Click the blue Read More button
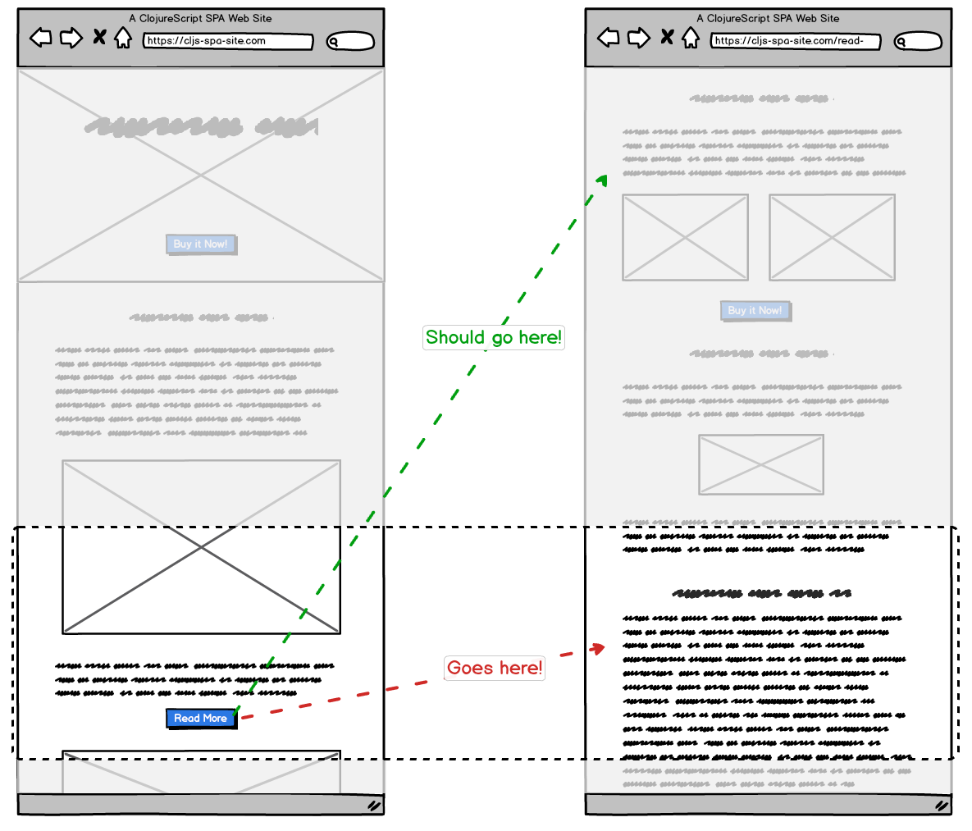(201, 719)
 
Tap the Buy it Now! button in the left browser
(201, 244)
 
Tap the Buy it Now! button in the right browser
(755, 310)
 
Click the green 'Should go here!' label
(494, 337)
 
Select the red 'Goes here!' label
(495, 668)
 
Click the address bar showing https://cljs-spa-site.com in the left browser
(228, 41)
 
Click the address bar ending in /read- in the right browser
(795, 41)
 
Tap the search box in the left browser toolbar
(351, 41)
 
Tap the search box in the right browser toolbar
(918, 41)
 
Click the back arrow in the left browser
(41, 37)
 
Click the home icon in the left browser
(123, 38)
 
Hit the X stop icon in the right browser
(667, 37)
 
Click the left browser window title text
(201, 18)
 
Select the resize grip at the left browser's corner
(373, 806)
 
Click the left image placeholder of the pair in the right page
(685, 237)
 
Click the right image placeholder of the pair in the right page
(832, 237)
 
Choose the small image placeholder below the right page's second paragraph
(761, 464)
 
